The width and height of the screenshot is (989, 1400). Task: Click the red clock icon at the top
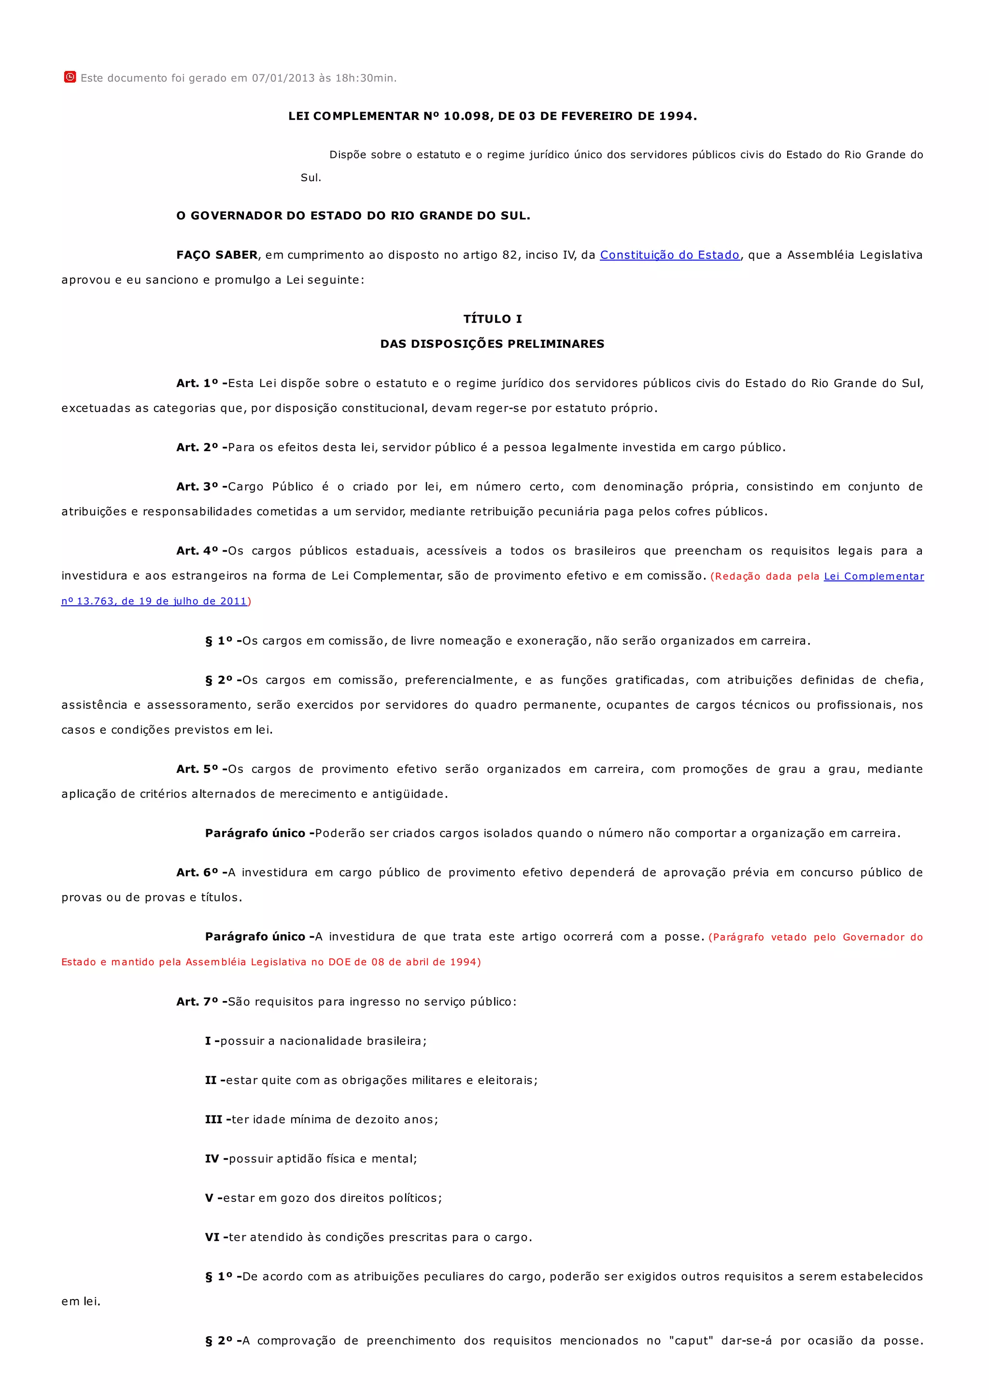70,77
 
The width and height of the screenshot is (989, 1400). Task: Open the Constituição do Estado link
670,255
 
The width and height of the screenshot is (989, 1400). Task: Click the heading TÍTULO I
493,319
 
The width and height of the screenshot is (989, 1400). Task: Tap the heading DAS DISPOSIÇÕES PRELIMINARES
493,344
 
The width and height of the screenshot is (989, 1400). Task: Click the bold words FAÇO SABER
217,255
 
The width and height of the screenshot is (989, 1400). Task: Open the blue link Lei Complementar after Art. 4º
874,576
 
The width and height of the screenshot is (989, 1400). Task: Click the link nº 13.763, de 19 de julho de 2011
154,601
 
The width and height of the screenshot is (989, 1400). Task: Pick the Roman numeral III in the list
214,1119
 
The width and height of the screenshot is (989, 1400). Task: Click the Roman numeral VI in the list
212,1237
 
